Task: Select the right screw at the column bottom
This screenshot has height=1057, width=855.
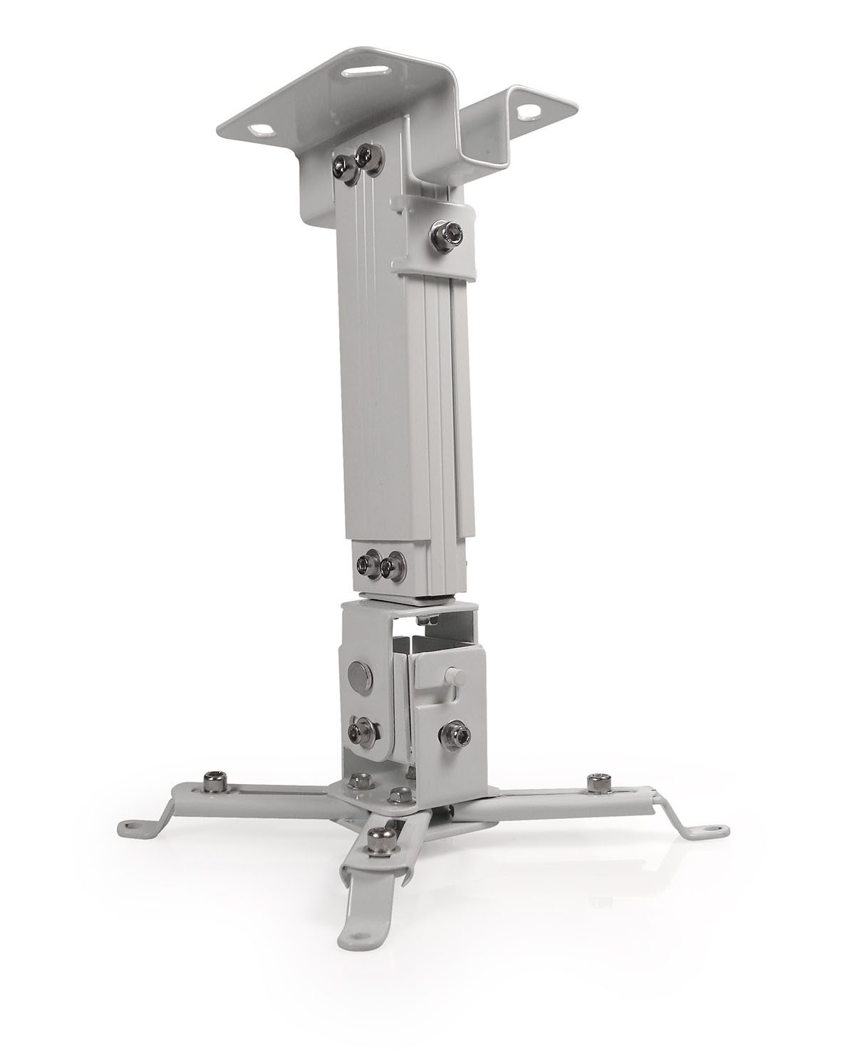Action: (x=388, y=567)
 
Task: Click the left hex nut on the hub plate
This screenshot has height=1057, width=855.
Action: (x=357, y=782)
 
